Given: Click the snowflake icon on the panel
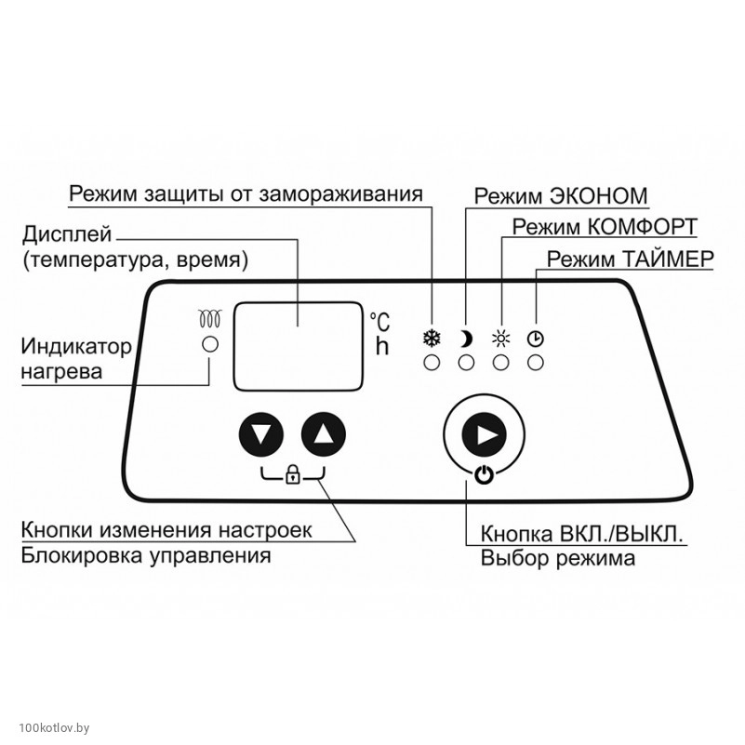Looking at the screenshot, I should pyautogui.click(x=432, y=339).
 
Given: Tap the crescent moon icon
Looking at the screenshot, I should pyautogui.click(x=466, y=339).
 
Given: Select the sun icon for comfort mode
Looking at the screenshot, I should pyautogui.click(x=501, y=339).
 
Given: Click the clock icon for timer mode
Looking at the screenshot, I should pyautogui.click(x=536, y=339).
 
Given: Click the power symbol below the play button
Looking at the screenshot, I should pyautogui.click(x=484, y=475).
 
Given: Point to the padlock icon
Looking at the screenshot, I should pyautogui.click(x=293, y=476).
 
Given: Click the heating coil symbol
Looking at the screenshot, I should pyautogui.click(x=210, y=319).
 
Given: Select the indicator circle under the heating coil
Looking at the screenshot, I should pyautogui.click(x=210, y=345).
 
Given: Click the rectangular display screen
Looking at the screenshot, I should pyautogui.click(x=299, y=345).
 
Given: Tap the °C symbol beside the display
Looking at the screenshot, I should pyautogui.click(x=379, y=322).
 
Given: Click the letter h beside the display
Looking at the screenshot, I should pyautogui.click(x=380, y=347).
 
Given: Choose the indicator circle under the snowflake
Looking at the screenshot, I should pyautogui.click(x=432, y=363).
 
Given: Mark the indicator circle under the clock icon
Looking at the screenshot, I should pyautogui.click(x=536, y=363).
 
